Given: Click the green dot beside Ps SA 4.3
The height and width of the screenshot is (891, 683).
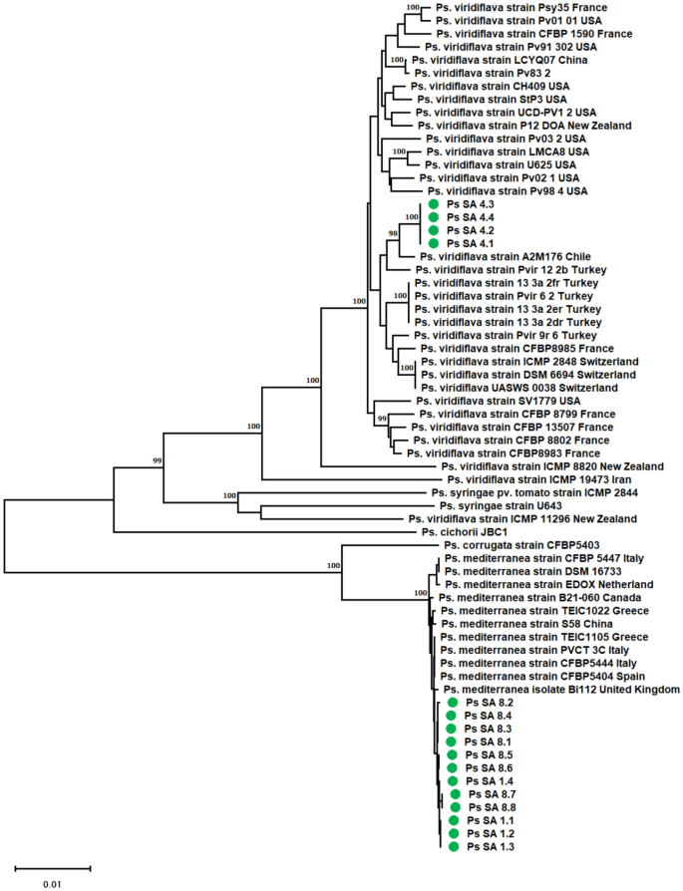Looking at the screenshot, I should (434, 203).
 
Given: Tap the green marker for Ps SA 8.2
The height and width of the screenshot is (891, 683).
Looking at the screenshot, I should (453, 703).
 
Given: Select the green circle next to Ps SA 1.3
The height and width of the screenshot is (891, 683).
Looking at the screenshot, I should (454, 846).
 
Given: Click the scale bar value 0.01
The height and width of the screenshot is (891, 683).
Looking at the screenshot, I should (52, 883).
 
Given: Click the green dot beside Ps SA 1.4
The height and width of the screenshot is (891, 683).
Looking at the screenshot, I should (453, 781).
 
